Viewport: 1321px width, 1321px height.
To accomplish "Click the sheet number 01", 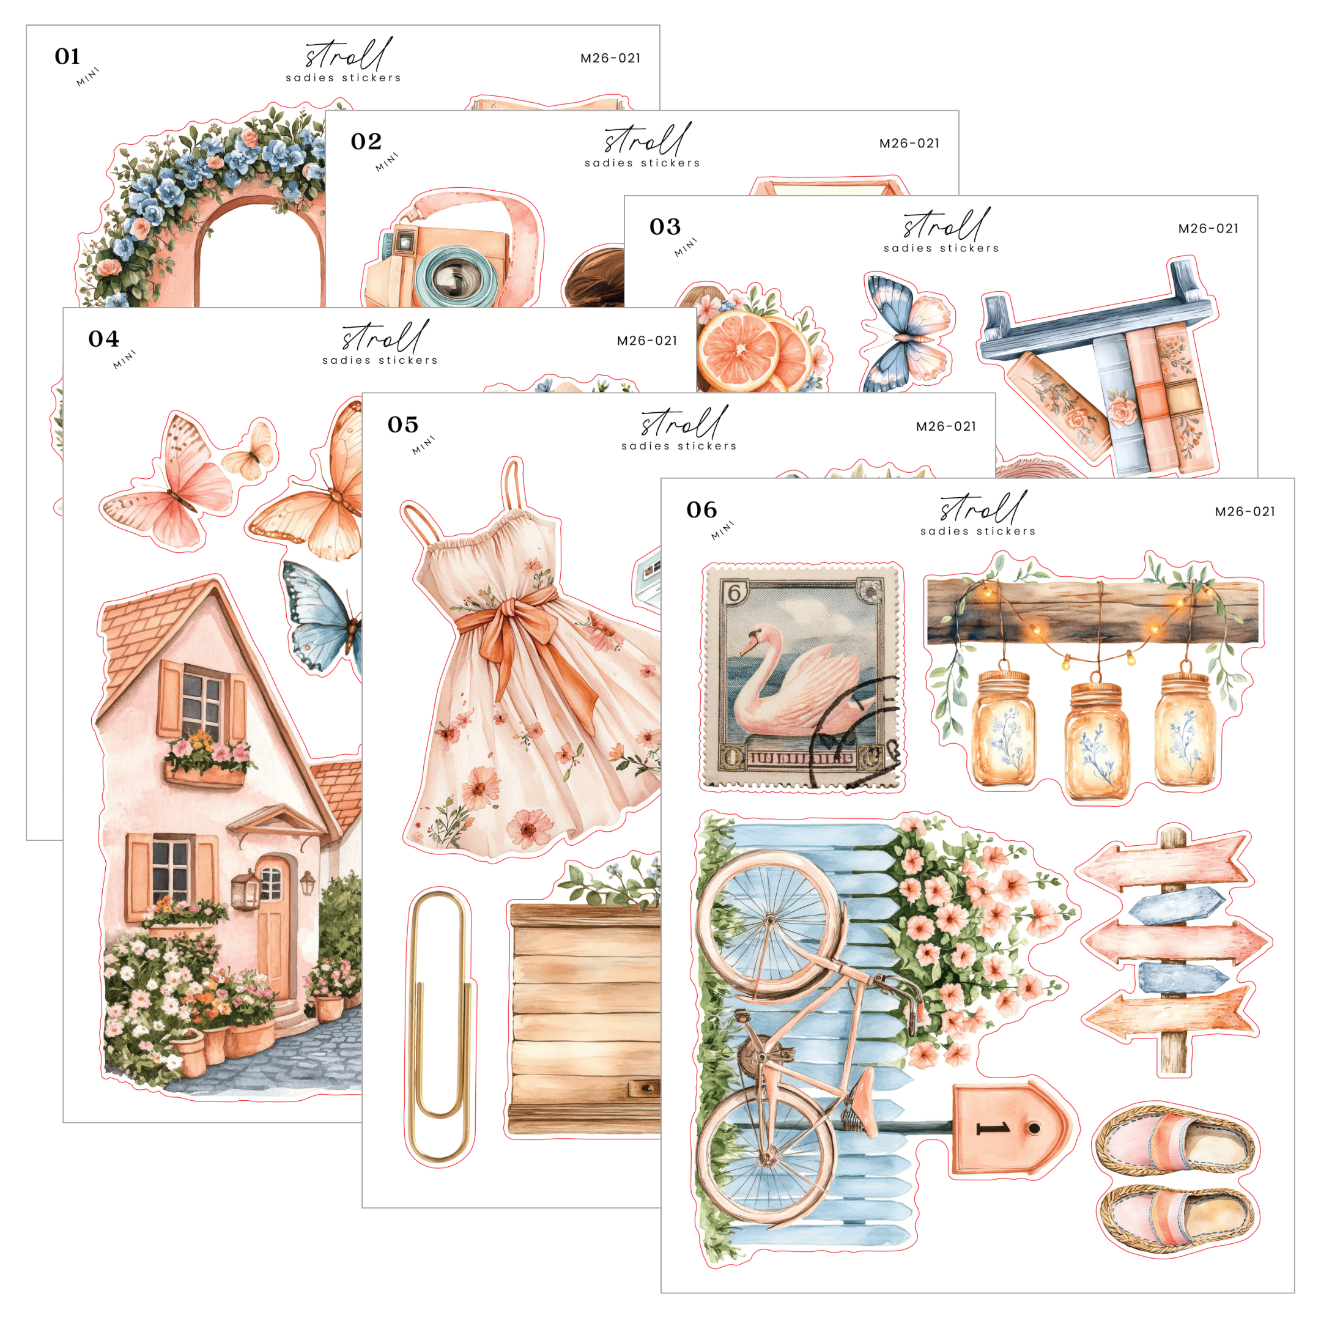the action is tap(68, 57).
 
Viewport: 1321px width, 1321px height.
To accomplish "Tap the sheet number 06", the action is tap(701, 510).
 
